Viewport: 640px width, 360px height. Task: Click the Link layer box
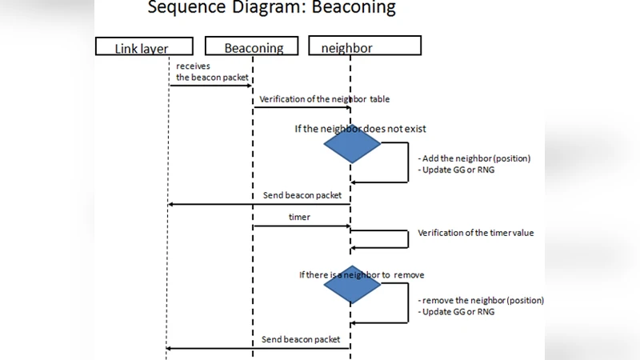[144, 47]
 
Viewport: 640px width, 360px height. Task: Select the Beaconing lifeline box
[251, 47]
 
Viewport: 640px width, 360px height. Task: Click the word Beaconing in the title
[354, 8]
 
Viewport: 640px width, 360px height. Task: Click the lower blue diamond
[352, 285]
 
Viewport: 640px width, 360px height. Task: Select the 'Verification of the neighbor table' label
[324, 99]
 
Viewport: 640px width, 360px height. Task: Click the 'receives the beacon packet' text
[206, 71]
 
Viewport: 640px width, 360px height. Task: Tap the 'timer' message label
[299, 217]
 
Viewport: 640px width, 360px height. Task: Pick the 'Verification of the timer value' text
[475, 234]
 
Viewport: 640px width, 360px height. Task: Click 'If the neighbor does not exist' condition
[361, 128]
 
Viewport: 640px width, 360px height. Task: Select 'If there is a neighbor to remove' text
[362, 274]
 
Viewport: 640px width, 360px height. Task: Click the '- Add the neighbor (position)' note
[474, 158]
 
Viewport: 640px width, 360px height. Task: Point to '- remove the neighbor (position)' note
[480, 300]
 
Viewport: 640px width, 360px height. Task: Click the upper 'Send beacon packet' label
[302, 195]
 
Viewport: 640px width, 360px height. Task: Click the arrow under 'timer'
[301, 226]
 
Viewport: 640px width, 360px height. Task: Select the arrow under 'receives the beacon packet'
[210, 85]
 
